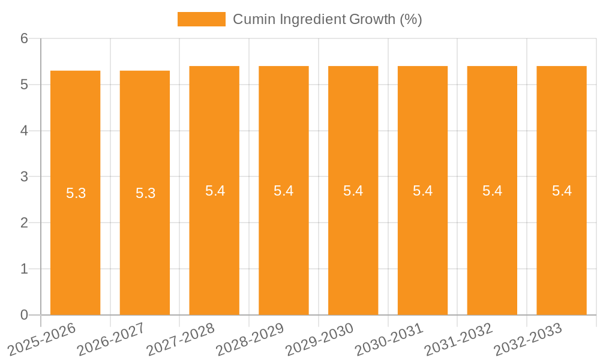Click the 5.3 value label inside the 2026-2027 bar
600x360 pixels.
[x=145, y=193]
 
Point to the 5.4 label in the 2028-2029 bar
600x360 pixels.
[x=283, y=191]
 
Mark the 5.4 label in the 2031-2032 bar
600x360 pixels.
[x=492, y=191]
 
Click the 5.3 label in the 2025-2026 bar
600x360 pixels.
[x=76, y=193]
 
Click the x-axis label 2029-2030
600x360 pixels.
[x=319, y=339]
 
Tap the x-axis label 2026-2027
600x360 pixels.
[x=111, y=339]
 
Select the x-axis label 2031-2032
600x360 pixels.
[x=458, y=339]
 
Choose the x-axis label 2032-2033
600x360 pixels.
[x=528, y=339]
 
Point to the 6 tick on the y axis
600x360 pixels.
[x=25, y=38]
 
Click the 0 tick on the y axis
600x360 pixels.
[x=25, y=315]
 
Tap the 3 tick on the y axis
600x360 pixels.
[x=25, y=177]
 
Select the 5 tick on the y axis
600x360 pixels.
[x=25, y=85]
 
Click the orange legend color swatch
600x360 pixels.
[x=201, y=19]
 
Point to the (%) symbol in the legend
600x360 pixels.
[x=411, y=19]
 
